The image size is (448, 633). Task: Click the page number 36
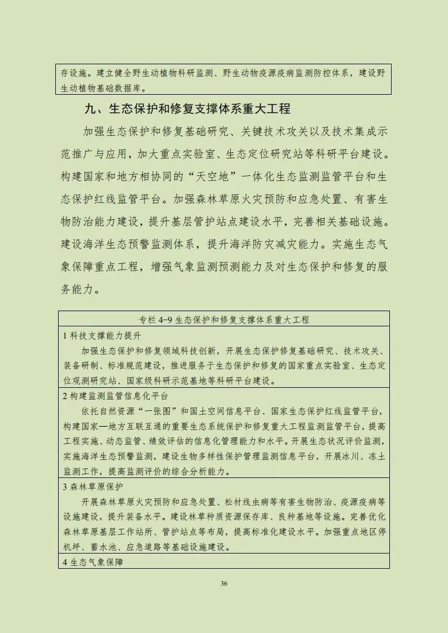[x=224, y=583]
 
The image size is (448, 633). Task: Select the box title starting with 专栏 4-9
[x=223, y=319]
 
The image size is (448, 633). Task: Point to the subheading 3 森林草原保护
[x=93, y=486]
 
